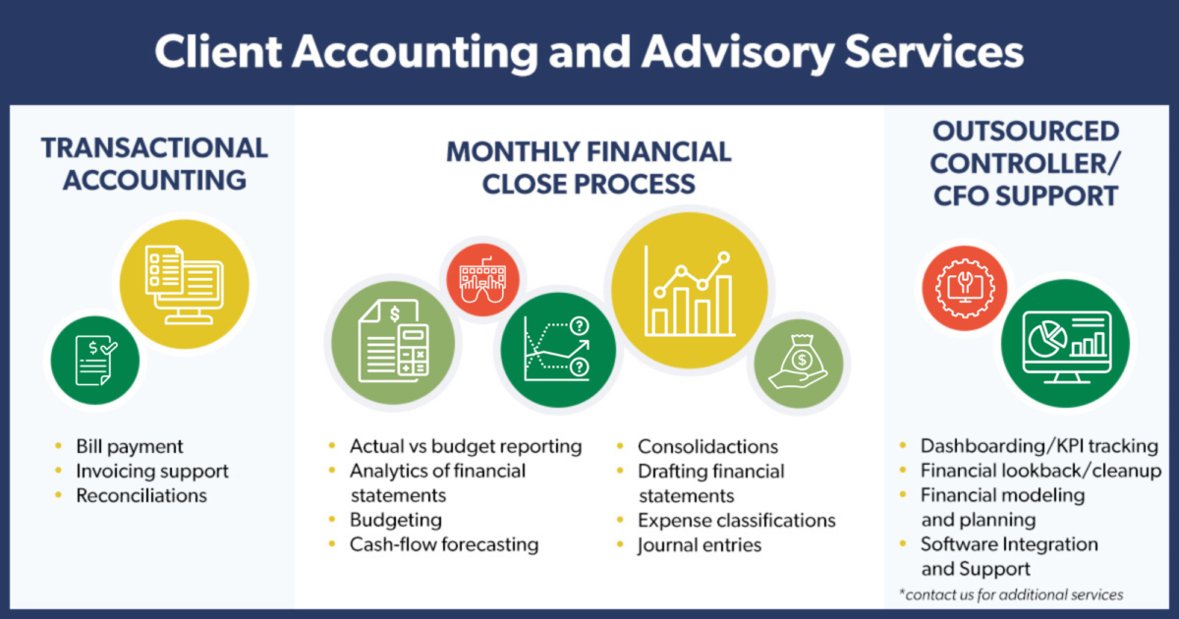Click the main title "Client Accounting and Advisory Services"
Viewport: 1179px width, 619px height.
[589, 52]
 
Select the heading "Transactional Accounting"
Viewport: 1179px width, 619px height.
[154, 164]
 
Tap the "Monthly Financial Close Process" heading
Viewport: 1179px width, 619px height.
[589, 167]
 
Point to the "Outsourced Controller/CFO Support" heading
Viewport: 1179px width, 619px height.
[1026, 163]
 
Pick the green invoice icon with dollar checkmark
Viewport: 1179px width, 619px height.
[96, 359]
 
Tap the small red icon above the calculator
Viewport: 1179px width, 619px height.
[482, 277]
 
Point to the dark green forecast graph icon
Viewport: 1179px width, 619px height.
[557, 350]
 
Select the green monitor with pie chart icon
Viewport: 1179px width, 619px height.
[1066, 345]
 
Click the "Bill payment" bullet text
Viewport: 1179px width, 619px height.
[130, 447]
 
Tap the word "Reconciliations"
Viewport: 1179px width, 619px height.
[141, 495]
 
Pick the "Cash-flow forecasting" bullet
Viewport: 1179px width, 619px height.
[444, 543]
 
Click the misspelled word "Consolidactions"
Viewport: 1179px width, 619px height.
[707, 447]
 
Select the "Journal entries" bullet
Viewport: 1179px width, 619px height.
[700, 543]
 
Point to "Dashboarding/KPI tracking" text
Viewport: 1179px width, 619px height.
[1039, 446]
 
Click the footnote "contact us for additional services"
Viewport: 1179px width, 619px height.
[1012, 594]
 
